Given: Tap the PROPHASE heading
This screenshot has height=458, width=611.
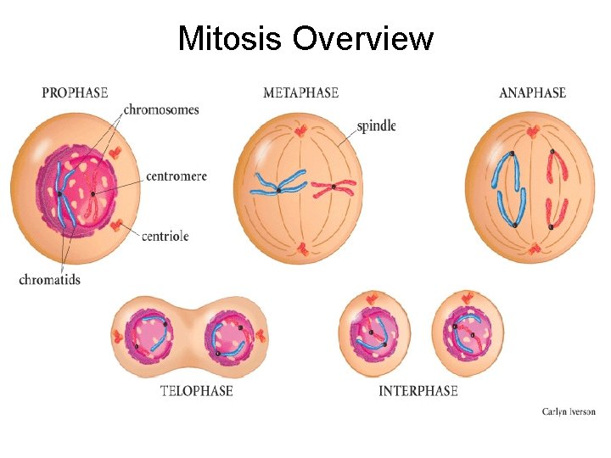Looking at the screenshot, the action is (x=75, y=92).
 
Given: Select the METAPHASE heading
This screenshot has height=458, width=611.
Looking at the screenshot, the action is (x=300, y=92).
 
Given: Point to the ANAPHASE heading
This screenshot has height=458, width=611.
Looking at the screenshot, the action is (x=532, y=92).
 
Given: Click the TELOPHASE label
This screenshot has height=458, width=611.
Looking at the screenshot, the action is (x=196, y=391).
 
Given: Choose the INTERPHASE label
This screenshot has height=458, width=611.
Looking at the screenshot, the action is (x=418, y=391).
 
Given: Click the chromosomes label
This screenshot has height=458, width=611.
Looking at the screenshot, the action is (x=161, y=109).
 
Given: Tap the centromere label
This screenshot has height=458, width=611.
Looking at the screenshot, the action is (x=177, y=176).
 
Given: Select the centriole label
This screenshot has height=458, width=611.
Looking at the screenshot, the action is (x=165, y=235).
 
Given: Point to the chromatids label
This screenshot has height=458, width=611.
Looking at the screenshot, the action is (x=49, y=279).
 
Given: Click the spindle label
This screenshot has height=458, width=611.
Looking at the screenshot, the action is (x=376, y=126).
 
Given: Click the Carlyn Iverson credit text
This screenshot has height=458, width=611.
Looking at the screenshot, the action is (x=568, y=411).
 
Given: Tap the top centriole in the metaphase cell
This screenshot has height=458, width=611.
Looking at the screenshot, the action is (x=300, y=131).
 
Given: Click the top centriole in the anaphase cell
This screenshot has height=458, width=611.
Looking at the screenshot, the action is (x=532, y=131).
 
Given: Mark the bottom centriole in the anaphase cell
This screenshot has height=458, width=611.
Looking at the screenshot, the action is (x=533, y=248).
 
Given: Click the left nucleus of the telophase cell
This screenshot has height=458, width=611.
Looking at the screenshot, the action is (x=149, y=332).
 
